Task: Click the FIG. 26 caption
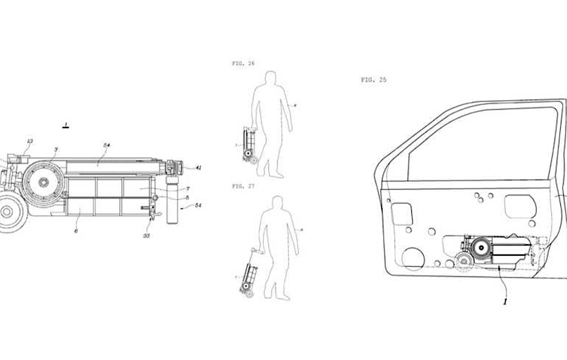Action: point(243,63)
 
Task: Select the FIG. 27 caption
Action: point(243,185)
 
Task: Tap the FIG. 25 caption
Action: point(374,80)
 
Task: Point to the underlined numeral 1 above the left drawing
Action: point(65,125)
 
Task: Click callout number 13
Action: point(29,142)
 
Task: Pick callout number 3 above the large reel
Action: point(56,149)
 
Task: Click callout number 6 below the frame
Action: point(76,232)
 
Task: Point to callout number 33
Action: point(147,235)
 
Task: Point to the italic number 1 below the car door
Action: point(505,300)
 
